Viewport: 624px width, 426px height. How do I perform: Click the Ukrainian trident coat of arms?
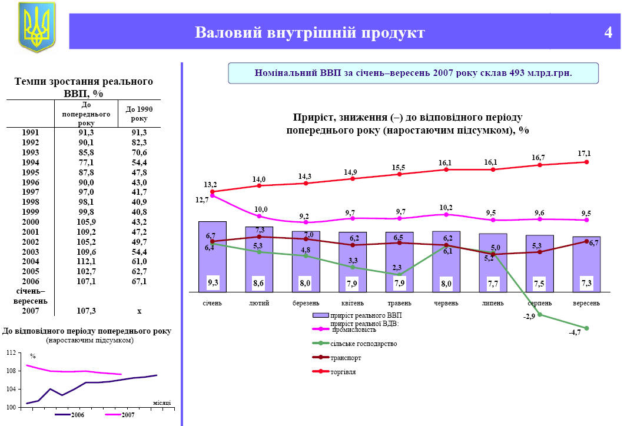pyautogui.click(x=36, y=26)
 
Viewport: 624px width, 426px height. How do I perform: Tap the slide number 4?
pyautogui.click(x=608, y=32)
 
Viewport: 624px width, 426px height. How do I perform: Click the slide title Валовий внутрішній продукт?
pyautogui.click(x=310, y=32)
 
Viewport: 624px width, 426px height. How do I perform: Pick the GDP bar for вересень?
pyautogui.click(x=586, y=264)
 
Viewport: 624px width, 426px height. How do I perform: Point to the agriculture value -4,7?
pyautogui.click(x=575, y=333)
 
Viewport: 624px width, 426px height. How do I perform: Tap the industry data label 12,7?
pyautogui.click(x=203, y=200)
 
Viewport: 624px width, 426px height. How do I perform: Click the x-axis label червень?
pyautogui.click(x=446, y=303)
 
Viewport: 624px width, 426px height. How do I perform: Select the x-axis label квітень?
pyautogui.click(x=352, y=303)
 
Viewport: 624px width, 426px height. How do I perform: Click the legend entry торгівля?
pyautogui.click(x=343, y=371)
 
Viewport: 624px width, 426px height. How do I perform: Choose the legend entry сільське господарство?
pyautogui.click(x=364, y=344)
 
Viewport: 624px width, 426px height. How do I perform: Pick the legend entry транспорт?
pyautogui.click(x=346, y=358)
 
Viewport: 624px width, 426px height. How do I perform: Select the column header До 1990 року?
pyautogui.click(x=135, y=114)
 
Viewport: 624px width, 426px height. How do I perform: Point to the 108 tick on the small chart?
pyautogui.click(x=11, y=371)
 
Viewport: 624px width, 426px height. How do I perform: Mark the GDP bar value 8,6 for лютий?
pyautogui.click(x=258, y=283)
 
